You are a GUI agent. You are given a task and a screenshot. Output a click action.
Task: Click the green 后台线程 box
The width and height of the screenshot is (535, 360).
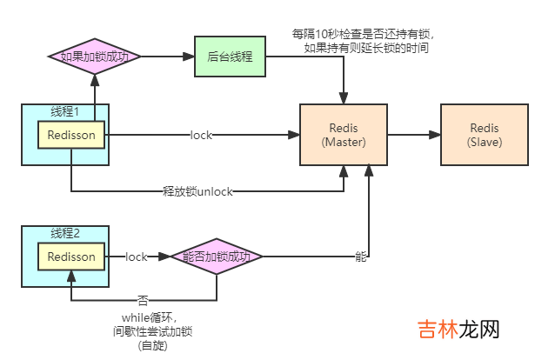[x=231, y=57]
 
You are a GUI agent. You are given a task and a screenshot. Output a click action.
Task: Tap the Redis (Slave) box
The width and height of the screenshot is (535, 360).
[x=484, y=136]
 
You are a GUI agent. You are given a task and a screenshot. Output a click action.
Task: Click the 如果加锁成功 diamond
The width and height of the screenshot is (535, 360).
[x=93, y=57]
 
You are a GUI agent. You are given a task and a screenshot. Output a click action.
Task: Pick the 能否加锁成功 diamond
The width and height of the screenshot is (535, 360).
[x=217, y=257]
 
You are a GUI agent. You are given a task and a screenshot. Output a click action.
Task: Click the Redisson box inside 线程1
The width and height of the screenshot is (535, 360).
[x=71, y=135]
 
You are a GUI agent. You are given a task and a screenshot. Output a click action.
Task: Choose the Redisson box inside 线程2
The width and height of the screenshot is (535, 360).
[x=71, y=257]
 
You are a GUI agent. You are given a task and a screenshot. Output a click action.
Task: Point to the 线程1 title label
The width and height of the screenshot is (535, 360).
[x=65, y=112]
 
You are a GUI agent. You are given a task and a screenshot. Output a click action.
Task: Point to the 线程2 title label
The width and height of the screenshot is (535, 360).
[x=65, y=233]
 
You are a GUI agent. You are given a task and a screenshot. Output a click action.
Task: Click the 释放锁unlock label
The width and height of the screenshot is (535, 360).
[x=197, y=190]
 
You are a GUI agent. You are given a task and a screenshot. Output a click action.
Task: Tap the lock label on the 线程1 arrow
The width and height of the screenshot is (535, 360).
[x=202, y=136]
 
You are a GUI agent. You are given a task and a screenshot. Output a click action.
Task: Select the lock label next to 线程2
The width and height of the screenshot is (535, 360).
[x=137, y=257]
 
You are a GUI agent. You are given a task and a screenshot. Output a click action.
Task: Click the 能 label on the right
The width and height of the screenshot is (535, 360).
[x=360, y=257]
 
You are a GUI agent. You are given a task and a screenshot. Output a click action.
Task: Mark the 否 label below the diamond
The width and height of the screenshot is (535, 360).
[x=143, y=300]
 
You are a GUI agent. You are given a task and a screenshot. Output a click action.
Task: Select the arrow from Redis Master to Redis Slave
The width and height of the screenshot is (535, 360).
[x=414, y=136]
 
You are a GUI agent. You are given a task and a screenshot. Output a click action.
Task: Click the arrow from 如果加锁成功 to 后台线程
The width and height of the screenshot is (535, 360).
[x=166, y=57]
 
